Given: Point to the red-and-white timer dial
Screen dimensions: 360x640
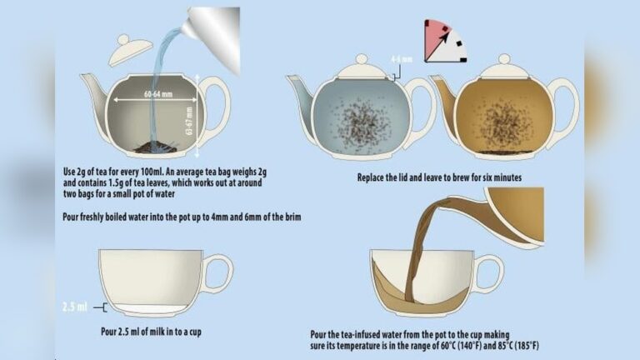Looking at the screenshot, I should click(444, 41).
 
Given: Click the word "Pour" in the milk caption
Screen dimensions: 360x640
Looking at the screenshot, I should click(109, 332).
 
